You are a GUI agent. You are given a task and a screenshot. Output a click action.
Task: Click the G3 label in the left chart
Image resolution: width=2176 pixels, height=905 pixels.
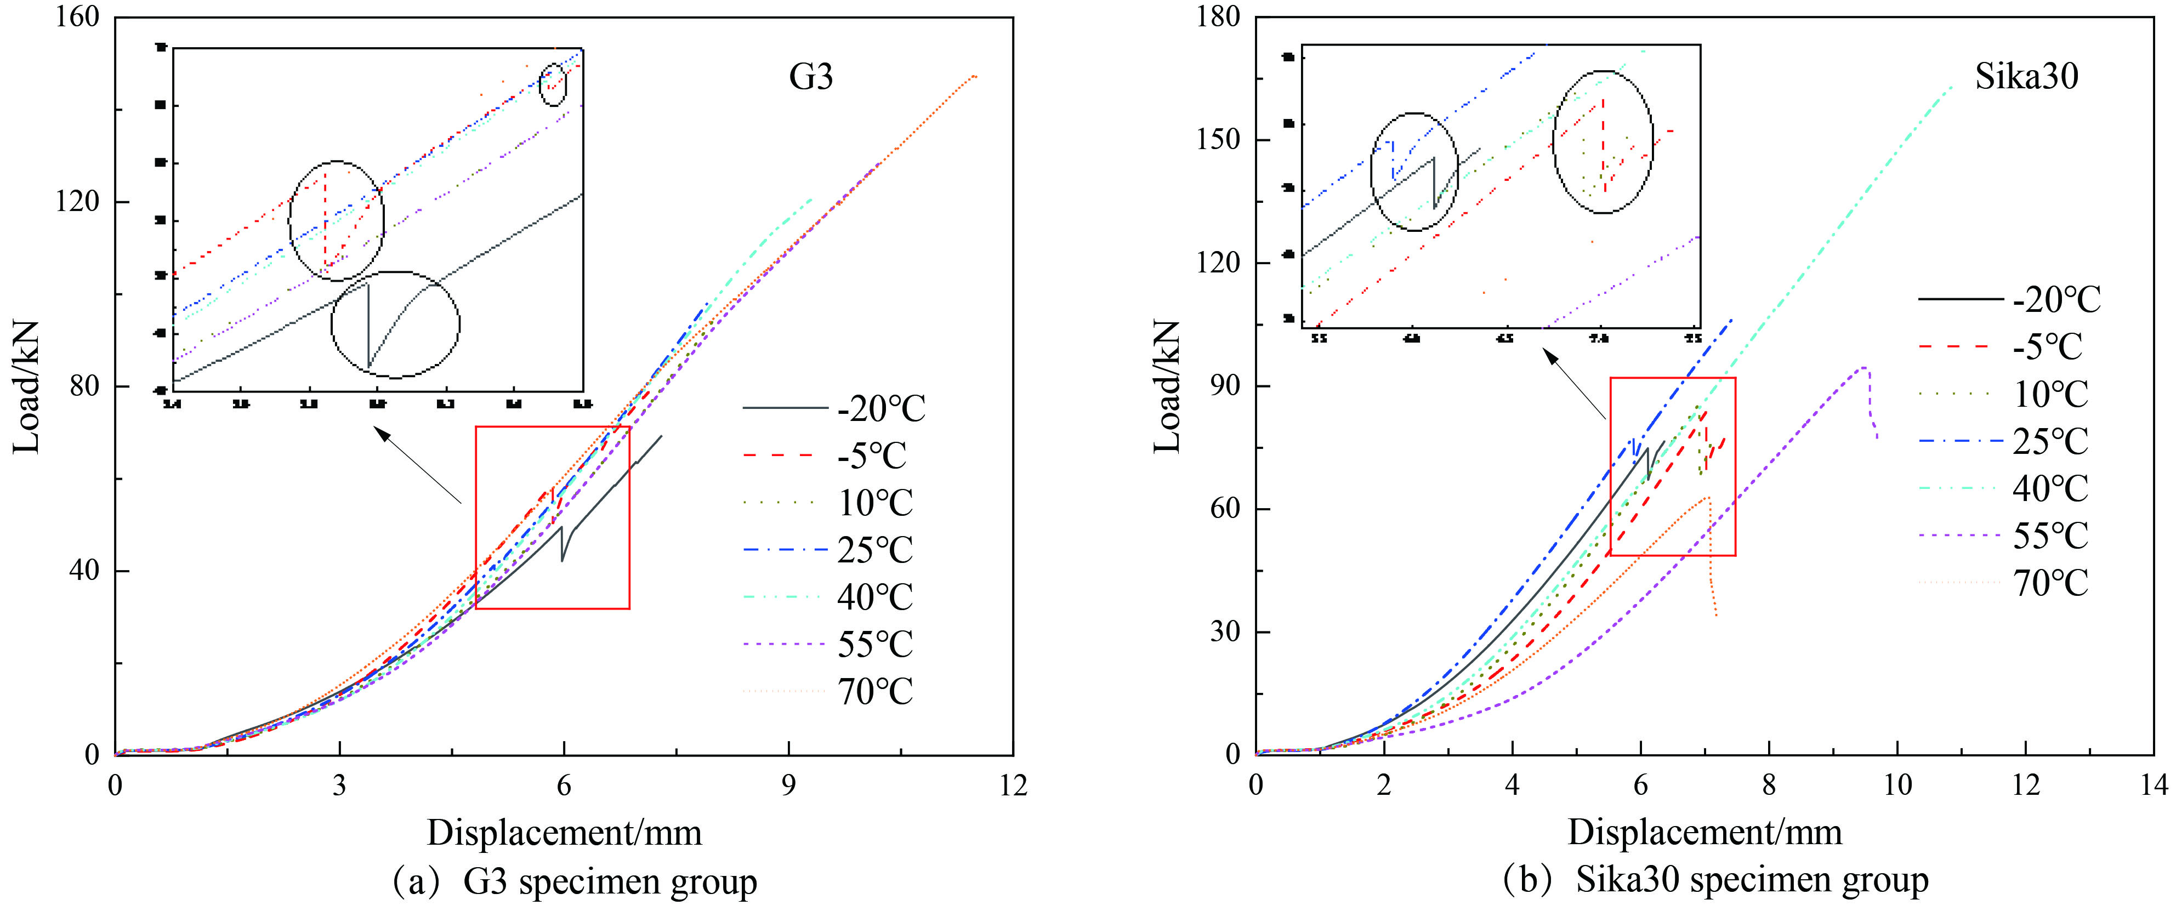click(x=811, y=77)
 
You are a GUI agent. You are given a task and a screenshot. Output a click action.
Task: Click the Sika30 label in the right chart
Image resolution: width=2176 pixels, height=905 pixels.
click(x=2026, y=77)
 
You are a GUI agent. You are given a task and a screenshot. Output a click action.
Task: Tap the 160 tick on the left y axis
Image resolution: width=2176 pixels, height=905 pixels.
click(x=78, y=17)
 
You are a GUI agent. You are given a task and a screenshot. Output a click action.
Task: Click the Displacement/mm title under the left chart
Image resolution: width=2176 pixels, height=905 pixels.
click(x=564, y=833)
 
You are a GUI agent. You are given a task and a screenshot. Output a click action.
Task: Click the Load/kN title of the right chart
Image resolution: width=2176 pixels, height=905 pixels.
click(x=1167, y=386)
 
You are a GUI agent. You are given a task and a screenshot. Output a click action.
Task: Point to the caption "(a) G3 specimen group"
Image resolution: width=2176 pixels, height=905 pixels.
click(x=575, y=882)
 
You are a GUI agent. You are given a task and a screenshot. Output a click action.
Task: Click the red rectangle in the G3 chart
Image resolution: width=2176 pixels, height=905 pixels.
click(x=553, y=427)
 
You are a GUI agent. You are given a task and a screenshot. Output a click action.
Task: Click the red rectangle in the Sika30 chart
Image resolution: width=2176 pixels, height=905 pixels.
click(x=1673, y=378)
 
